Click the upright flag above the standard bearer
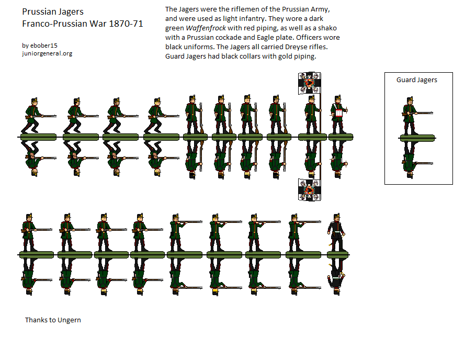click(309, 83)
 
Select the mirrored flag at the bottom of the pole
click(309, 190)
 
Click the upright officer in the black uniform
click(336, 232)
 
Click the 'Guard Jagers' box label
click(416, 80)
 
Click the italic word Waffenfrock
click(206, 28)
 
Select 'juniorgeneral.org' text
click(47, 53)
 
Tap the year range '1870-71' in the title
click(126, 24)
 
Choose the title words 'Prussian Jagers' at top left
click(53, 12)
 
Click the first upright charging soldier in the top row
click(37, 116)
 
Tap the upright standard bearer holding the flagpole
click(312, 114)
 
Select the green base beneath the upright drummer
click(341, 137)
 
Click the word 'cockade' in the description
click(228, 37)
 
